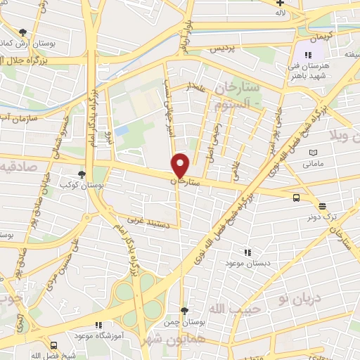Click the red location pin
(181, 166)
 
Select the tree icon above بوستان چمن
(184, 310)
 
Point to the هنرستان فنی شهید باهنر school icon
(307, 55)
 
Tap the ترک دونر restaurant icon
(322, 206)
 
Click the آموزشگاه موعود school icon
(98, 325)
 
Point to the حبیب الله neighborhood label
(236, 309)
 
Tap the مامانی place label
(314, 164)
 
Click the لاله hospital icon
(281, 4)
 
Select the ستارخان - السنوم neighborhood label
(240, 97)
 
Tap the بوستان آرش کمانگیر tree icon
(23, 32)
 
